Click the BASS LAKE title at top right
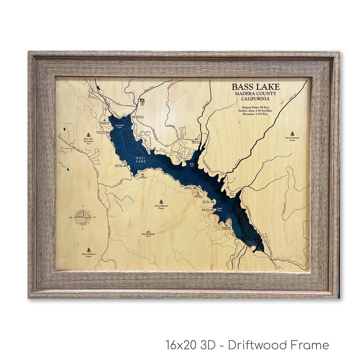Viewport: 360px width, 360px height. [x=256, y=87]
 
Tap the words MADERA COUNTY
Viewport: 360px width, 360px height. [x=256, y=94]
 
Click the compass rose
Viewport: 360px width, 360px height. [x=82, y=217]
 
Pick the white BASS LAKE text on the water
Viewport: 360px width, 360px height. [x=141, y=160]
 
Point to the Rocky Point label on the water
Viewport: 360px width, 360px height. [x=219, y=210]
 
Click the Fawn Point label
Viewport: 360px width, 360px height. [x=232, y=194]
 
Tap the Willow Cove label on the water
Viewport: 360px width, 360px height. [x=192, y=165]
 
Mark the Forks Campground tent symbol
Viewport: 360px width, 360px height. [x=143, y=174]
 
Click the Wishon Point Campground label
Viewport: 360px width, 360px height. [x=226, y=229]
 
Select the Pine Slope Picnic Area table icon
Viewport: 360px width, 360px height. [x=125, y=165]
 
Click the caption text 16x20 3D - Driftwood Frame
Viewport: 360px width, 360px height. [x=247, y=345]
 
